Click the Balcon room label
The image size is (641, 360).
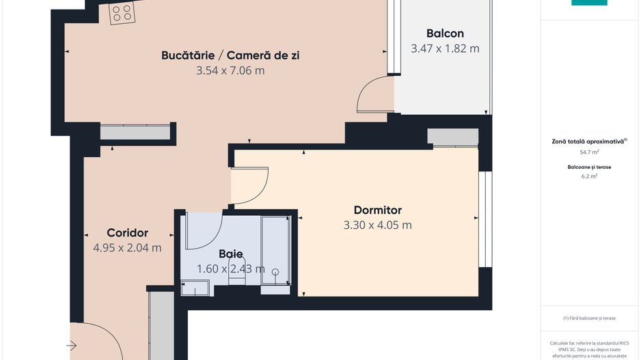click(x=445, y=33)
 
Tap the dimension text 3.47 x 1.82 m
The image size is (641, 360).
click(x=445, y=49)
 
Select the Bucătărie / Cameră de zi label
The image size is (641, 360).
click(x=230, y=55)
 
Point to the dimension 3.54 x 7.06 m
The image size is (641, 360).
click(x=230, y=70)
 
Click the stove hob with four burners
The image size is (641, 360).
click(x=123, y=11)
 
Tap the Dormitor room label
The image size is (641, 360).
click(x=377, y=210)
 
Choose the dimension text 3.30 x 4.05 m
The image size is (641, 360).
click(x=377, y=225)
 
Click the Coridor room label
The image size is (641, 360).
click(x=127, y=232)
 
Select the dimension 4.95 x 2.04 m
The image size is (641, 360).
click(x=127, y=247)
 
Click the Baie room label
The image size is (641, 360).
click(x=231, y=253)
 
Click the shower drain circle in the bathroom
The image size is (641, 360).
click(x=275, y=272)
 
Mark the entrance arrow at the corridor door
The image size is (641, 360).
click(x=72, y=346)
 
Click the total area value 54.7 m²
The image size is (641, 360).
click(x=589, y=153)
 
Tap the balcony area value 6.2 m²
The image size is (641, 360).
click(x=589, y=176)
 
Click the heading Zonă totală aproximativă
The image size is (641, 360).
click(x=588, y=141)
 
